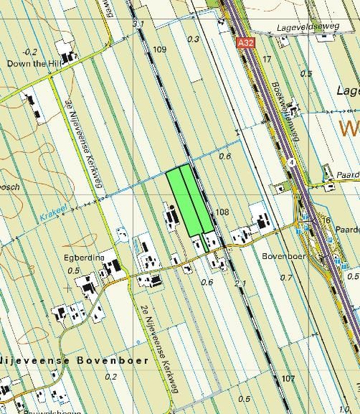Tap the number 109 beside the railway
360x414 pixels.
coord(159,50)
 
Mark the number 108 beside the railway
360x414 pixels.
coord(221,212)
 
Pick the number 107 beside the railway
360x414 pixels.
coord(288,378)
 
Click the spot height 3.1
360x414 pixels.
coord(138,24)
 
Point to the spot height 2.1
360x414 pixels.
coord(241,284)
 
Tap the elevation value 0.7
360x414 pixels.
coord(286,277)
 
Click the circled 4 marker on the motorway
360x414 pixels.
coord(292,162)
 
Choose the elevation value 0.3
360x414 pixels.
coord(193,39)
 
